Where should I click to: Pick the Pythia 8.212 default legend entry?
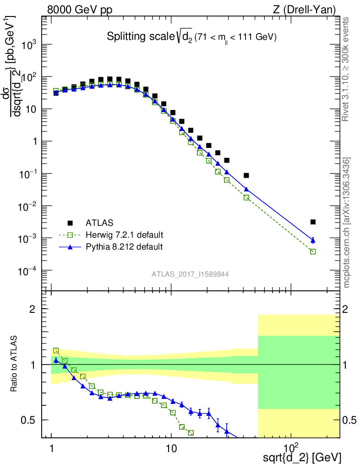click(124, 247)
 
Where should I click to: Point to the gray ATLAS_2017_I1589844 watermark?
click(190, 274)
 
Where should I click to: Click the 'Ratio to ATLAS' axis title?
click(15, 364)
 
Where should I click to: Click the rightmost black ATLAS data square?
click(313, 222)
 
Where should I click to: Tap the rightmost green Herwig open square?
click(313, 251)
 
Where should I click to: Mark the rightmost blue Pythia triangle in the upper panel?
click(313, 240)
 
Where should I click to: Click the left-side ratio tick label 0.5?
click(35, 420)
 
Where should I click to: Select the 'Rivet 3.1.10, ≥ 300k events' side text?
click(346, 69)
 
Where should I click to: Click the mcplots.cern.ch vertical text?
click(346, 222)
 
